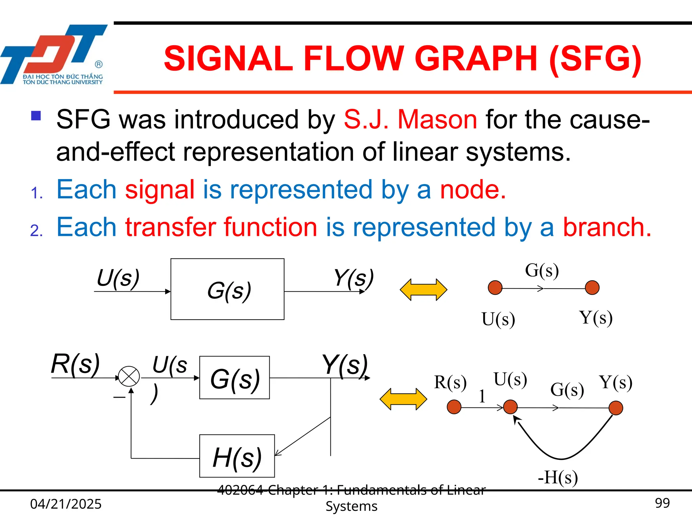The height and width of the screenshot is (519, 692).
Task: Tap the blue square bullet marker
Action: click(36, 116)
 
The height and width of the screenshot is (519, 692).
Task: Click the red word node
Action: click(472, 190)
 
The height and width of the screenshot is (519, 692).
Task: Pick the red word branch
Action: click(607, 227)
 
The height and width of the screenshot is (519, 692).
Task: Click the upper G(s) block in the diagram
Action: click(227, 289)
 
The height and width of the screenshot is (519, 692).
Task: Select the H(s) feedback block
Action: click(237, 456)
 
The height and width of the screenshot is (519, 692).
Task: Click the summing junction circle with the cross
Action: click(129, 376)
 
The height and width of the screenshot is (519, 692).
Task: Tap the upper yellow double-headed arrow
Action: click(423, 290)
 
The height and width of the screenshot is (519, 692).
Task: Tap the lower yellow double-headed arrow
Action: click(403, 399)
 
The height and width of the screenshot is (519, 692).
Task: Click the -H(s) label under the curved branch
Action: click(558, 477)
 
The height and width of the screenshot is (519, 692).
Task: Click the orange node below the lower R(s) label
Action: click(454, 407)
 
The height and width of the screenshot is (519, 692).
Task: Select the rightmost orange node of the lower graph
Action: click(616, 408)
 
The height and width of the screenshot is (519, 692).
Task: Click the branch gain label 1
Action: click(482, 396)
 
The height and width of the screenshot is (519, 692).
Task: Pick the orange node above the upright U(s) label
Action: click(495, 288)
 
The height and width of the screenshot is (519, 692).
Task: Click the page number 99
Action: click(662, 503)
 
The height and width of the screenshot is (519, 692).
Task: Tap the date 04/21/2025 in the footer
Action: click(66, 504)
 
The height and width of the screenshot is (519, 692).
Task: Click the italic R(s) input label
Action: click(75, 364)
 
